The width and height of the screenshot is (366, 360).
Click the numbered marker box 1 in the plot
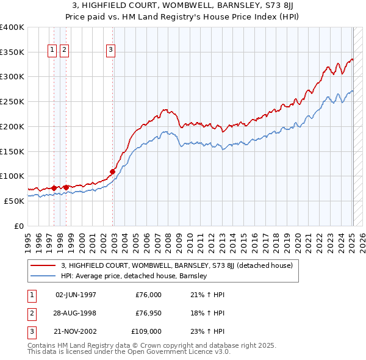[x=52, y=51]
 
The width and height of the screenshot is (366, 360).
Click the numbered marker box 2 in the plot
[x=65, y=51]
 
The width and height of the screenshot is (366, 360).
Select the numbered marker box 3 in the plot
[x=110, y=51]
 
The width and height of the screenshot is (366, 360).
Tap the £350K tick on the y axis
[x=12, y=52]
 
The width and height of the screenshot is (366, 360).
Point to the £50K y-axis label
[x=14, y=201]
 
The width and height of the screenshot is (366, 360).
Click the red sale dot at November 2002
[x=113, y=171]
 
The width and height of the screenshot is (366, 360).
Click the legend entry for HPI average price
[x=134, y=276]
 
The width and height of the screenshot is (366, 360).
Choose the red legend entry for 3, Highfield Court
[x=177, y=265]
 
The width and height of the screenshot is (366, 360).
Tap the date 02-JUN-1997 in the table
[x=76, y=295]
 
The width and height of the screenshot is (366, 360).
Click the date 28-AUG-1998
[x=76, y=313]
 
